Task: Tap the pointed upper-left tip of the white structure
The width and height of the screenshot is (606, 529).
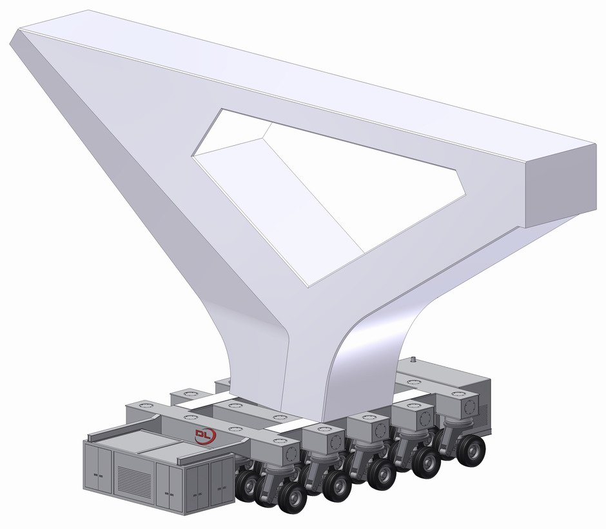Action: point(19,35)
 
